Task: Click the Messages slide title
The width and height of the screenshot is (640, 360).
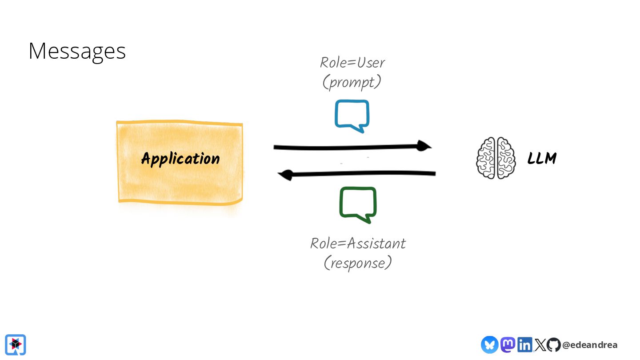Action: click(x=77, y=51)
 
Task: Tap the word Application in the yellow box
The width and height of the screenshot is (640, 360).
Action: click(x=180, y=159)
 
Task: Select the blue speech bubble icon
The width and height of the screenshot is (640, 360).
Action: click(x=352, y=116)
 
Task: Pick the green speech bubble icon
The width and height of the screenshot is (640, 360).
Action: click(x=358, y=204)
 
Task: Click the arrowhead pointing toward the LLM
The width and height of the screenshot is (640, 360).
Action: click(x=424, y=146)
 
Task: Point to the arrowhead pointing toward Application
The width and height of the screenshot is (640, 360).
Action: click(x=285, y=175)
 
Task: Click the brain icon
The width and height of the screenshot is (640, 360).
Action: click(x=496, y=158)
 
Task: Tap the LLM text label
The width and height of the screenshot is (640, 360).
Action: click(x=542, y=159)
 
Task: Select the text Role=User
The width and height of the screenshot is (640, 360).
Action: click(x=352, y=63)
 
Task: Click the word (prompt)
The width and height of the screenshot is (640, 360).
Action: click(x=352, y=82)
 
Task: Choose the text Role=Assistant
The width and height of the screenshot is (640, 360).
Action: click(x=358, y=244)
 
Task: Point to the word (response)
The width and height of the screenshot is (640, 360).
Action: click(x=358, y=263)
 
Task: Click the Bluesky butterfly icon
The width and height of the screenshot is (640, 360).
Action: click(x=489, y=344)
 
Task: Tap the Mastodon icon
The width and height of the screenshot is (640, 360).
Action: click(x=508, y=344)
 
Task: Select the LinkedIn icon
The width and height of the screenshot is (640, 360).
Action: click(x=524, y=344)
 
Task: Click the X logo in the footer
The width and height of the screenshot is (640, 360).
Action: click(x=540, y=345)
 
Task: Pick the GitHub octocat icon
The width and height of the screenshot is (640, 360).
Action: click(x=553, y=345)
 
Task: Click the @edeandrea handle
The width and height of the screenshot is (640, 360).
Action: click(x=590, y=345)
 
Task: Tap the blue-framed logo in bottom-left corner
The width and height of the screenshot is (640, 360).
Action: click(x=16, y=344)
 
